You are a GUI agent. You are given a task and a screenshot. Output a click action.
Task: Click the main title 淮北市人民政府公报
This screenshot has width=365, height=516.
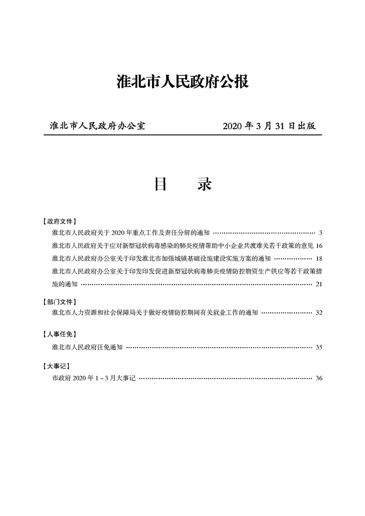coord(183,82)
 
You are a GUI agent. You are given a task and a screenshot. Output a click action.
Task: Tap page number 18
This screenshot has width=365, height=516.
coord(319,258)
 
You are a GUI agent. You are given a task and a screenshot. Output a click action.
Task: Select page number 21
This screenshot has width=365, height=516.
coord(319,284)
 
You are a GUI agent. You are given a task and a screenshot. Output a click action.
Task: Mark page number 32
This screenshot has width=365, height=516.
coord(319,313)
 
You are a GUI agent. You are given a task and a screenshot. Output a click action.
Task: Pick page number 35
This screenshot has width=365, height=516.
coord(319,347)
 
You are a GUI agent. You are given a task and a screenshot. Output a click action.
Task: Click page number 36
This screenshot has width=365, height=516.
coord(319,378)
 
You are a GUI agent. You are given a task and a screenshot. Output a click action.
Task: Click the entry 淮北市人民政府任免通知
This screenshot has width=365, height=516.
coord(87,347)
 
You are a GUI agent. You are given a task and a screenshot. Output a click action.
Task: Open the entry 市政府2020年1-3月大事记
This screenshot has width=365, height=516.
coord(94,378)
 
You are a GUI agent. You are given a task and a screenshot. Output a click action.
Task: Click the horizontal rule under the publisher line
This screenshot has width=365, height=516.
coord(183,135)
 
